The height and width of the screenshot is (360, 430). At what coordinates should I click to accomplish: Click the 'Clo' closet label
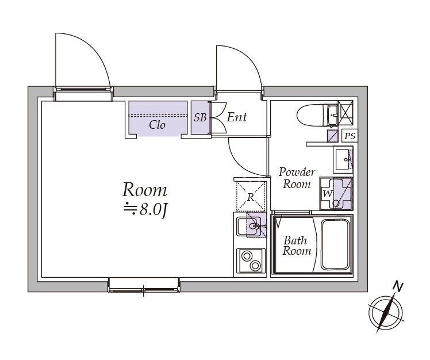coord(157,125)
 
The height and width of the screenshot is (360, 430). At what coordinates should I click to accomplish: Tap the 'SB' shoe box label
coord(200,117)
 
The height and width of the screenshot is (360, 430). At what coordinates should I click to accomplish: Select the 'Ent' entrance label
coord(237,117)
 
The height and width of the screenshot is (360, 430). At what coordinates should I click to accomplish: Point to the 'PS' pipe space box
coord(350,136)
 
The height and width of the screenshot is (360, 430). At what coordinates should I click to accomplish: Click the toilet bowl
coord(313,116)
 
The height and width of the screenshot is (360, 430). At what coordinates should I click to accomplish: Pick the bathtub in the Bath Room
coord(336,244)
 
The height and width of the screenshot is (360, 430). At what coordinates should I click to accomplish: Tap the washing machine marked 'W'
coord(336,194)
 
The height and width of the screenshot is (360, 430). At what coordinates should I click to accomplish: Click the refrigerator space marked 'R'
coord(251,196)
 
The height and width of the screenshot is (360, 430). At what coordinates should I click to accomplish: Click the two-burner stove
coord(251,261)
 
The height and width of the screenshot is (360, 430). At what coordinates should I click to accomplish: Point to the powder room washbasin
coord(343,160)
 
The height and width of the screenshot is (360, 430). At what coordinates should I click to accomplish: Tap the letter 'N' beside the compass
coord(397,287)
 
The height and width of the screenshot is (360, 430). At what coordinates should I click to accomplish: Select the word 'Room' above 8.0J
coord(144,190)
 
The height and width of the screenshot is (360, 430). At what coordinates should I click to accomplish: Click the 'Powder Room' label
coord(297,178)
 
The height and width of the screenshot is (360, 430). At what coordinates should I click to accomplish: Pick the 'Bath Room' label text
coord(297,246)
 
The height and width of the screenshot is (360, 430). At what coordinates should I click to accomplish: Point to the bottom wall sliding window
coord(144,285)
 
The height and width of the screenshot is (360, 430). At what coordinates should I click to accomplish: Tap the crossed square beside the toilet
coord(345,113)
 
